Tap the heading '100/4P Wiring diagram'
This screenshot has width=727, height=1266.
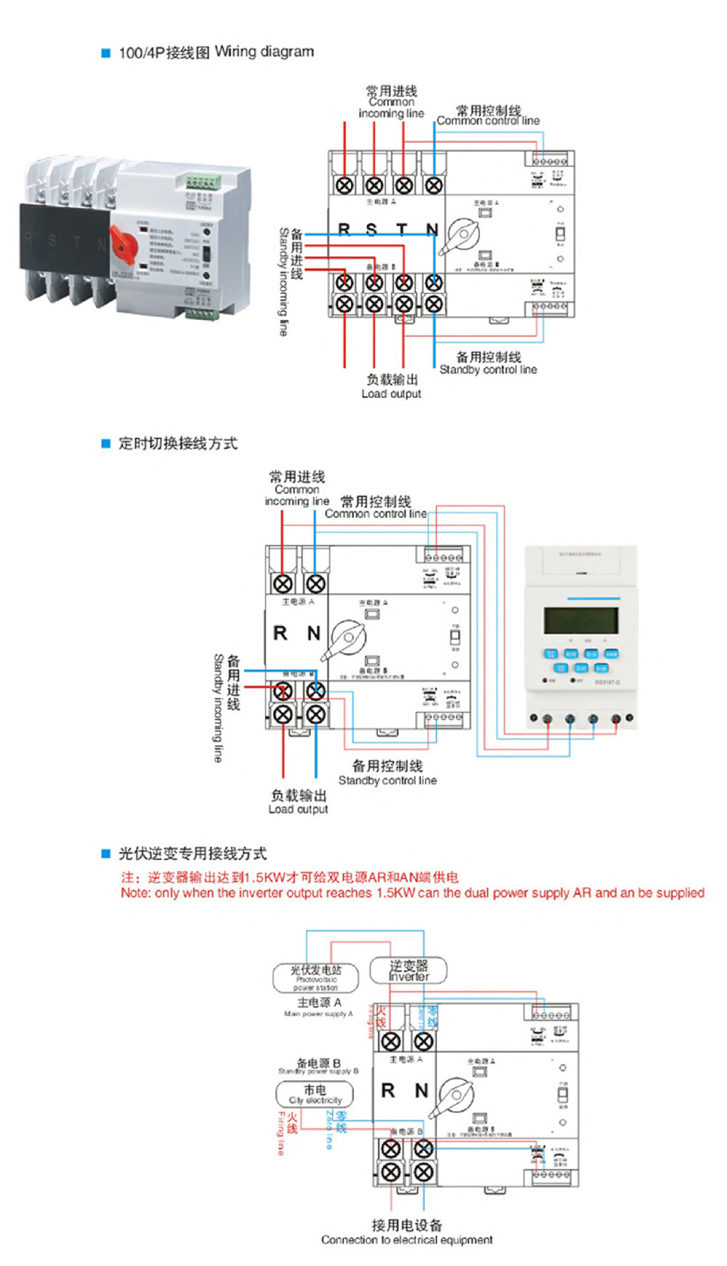(x=216, y=52)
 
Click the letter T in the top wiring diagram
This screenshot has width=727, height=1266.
(x=401, y=230)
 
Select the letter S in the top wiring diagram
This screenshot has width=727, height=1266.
(x=371, y=230)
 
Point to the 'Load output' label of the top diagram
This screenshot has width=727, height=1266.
(x=391, y=394)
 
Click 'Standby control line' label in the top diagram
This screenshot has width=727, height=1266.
(x=488, y=370)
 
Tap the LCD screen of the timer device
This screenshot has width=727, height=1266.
(x=581, y=621)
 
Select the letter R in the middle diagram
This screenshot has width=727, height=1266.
(x=280, y=633)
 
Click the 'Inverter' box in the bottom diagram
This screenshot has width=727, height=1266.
(x=408, y=971)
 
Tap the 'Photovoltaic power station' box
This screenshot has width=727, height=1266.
(x=316, y=978)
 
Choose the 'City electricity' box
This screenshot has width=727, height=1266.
(x=315, y=1094)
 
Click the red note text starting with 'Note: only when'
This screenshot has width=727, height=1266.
(x=412, y=893)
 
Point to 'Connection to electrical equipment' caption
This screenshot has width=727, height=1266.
(x=406, y=1240)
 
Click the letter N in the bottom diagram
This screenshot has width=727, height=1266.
(x=422, y=1091)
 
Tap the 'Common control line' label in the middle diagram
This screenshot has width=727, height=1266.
(x=375, y=514)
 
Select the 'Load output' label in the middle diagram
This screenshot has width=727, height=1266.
(x=298, y=809)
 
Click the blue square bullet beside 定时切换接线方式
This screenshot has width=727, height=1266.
(x=105, y=443)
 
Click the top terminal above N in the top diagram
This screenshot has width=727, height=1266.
(x=433, y=185)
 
